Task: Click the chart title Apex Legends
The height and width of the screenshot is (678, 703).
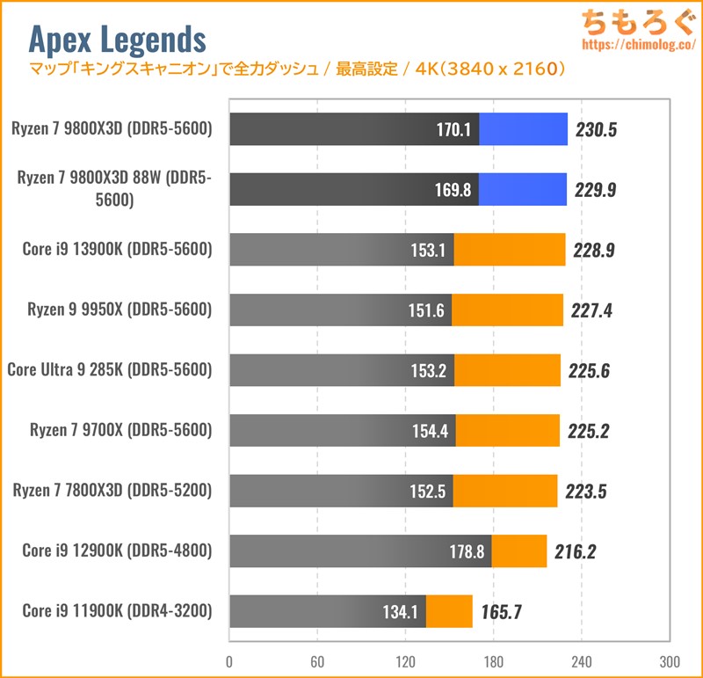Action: pyautogui.click(x=118, y=39)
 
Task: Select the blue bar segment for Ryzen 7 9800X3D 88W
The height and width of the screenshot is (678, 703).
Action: pyautogui.click(x=522, y=189)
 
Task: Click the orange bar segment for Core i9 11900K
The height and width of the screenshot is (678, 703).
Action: pyautogui.click(x=449, y=609)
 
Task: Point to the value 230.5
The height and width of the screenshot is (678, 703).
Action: pyautogui.click(x=597, y=129)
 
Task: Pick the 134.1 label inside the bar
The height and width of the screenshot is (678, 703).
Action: pyautogui.click(x=402, y=609)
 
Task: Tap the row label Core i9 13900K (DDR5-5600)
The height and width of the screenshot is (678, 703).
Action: pyautogui.click(x=118, y=249)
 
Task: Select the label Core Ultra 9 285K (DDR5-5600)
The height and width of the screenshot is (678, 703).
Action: pyautogui.click(x=110, y=369)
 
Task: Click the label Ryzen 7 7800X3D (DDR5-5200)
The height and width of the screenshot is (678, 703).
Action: pyautogui.click(x=112, y=490)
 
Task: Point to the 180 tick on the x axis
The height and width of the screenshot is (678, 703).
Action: pyautogui.click(x=493, y=661)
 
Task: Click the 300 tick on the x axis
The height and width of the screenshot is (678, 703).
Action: pyautogui.click(x=669, y=661)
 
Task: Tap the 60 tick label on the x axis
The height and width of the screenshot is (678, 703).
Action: pyautogui.click(x=317, y=661)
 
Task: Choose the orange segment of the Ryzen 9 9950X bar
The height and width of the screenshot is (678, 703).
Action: pyautogui.click(x=507, y=310)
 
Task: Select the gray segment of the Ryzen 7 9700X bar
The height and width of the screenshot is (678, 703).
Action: pyautogui.click(x=342, y=430)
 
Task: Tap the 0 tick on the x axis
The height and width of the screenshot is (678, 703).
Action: pyautogui.click(x=229, y=661)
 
